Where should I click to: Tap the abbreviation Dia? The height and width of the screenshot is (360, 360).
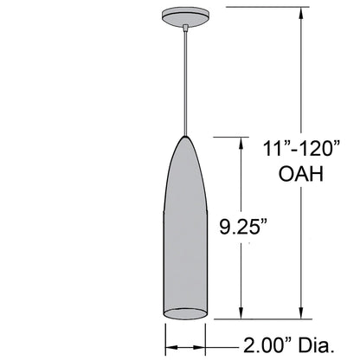316,347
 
